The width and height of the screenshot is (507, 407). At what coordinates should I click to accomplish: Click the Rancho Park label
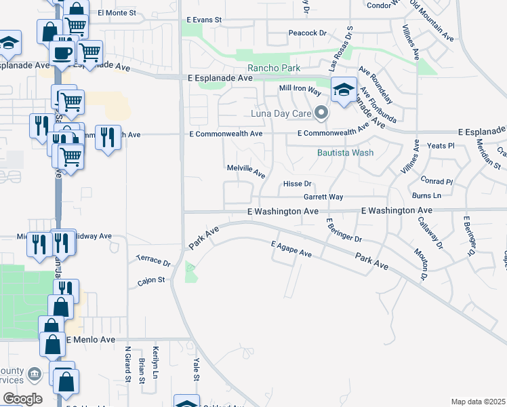pos(273,68)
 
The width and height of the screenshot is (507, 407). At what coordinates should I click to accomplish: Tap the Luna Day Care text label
pos(280,113)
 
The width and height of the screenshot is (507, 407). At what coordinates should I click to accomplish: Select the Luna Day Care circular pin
pos(321,113)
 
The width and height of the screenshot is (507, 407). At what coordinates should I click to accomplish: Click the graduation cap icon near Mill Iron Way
pos(344,89)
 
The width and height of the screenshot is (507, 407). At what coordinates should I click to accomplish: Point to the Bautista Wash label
pos(346,153)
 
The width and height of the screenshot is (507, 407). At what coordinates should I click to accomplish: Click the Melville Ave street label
pos(245,170)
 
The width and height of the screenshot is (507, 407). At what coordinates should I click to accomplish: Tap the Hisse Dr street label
pos(297,184)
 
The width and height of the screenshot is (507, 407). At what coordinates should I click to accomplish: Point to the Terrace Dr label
pos(151,259)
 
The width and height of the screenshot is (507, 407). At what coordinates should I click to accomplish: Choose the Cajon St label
pos(151,279)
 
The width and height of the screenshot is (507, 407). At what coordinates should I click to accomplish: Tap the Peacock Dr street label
pos(307,33)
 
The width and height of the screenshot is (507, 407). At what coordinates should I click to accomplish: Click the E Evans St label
pos(203,20)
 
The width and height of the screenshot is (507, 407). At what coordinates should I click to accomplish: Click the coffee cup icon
pos(62,52)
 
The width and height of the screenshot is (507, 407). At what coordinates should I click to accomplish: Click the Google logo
pos(22,398)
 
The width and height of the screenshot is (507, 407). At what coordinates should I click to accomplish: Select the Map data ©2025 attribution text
pos(477,402)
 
